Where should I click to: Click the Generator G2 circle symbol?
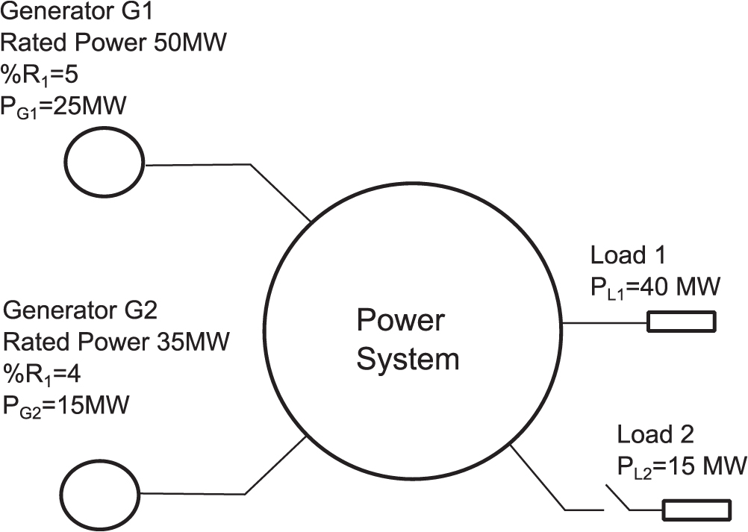point(100,493)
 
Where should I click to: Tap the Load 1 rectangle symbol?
point(680,322)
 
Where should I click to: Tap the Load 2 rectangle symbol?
point(696,510)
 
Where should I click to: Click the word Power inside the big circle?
point(400,322)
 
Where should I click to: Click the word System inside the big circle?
point(408,360)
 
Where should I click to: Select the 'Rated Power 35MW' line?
point(116,342)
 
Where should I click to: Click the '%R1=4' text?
point(49,374)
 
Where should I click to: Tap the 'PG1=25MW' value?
point(64,108)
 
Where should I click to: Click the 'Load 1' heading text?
point(629,255)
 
